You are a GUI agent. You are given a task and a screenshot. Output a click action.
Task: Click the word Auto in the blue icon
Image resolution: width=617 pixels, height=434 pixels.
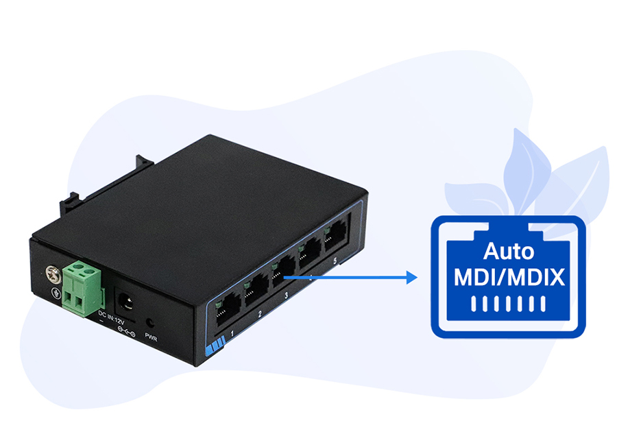coord(508,252)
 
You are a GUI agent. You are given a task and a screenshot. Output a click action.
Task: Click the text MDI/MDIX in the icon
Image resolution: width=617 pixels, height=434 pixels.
coord(509,278)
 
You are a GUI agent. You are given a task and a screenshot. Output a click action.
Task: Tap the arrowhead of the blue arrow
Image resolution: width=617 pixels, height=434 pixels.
coord(412,278)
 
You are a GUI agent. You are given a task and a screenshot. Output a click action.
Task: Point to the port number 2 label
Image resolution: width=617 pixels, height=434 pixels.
coord(260,315)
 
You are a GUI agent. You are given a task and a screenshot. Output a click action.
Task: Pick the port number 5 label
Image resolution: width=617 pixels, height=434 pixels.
coord(335,261)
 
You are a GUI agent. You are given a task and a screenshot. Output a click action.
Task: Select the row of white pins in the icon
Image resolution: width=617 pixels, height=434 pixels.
coord(508,304)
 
